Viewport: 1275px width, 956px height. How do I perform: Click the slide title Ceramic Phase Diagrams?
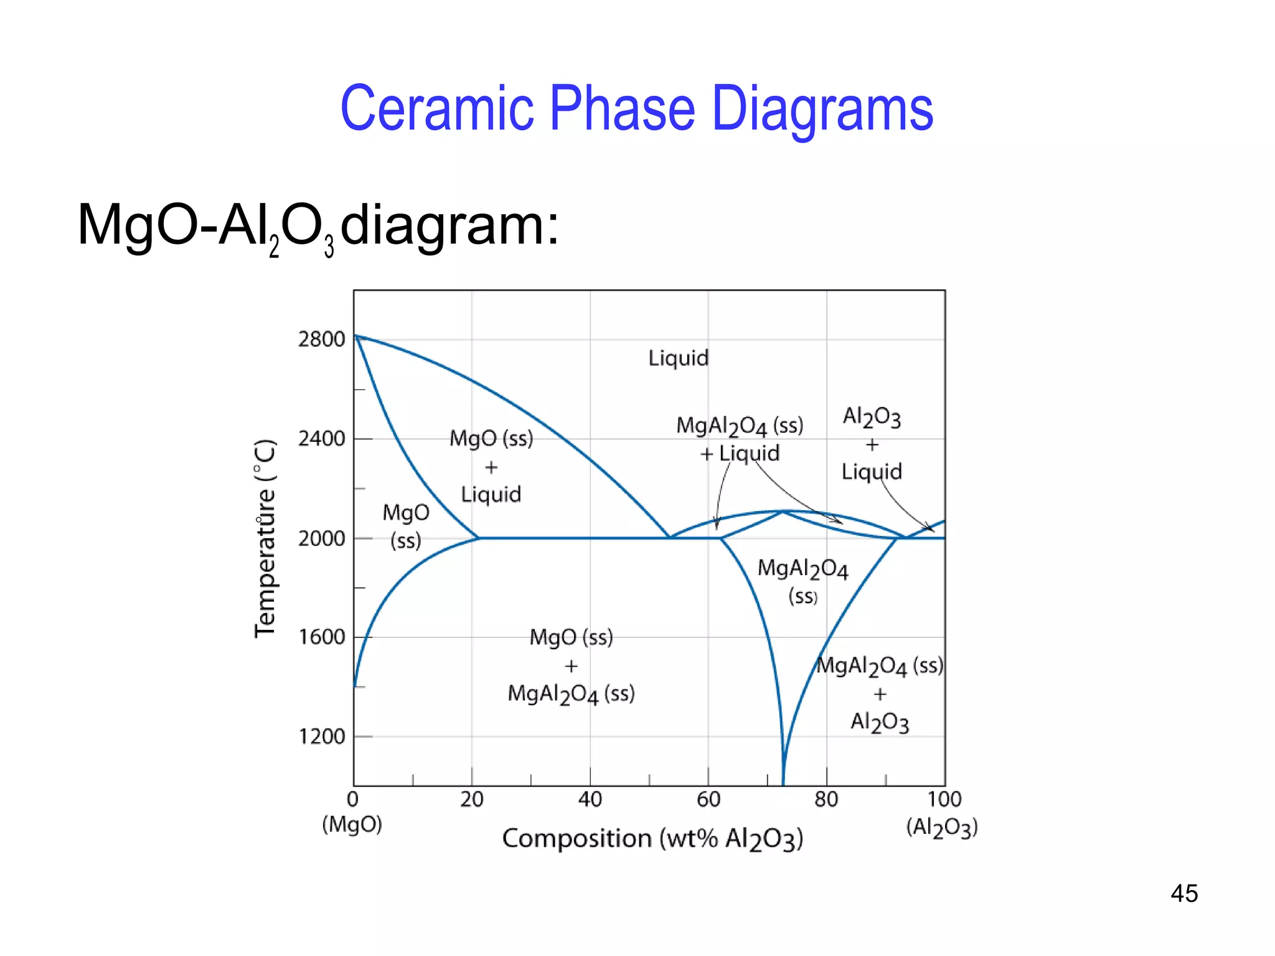click(x=636, y=109)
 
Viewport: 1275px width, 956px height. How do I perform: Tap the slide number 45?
click(x=1183, y=894)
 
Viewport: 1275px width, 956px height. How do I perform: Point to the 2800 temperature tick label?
click(x=321, y=340)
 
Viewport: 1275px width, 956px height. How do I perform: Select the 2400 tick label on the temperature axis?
click(x=321, y=439)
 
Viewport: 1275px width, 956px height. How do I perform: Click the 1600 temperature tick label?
click(x=321, y=637)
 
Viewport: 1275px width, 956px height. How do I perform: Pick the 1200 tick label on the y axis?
click(x=321, y=737)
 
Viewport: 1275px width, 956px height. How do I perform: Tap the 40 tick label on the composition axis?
click(x=590, y=799)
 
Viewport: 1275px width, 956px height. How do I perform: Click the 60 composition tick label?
click(x=708, y=799)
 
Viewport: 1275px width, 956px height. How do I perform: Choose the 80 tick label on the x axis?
click(x=826, y=799)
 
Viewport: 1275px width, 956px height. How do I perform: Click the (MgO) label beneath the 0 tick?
click(x=352, y=825)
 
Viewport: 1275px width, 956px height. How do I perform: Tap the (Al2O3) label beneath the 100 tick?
click(x=942, y=827)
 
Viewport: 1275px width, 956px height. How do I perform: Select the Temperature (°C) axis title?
click(x=265, y=539)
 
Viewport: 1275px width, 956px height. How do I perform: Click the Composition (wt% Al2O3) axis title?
click(x=652, y=839)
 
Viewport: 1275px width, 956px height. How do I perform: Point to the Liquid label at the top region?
click(x=678, y=358)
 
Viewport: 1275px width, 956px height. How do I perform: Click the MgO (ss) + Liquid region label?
click(x=491, y=466)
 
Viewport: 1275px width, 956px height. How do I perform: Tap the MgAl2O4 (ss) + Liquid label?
click(x=740, y=439)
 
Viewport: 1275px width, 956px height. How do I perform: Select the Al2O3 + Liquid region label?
click(x=872, y=444)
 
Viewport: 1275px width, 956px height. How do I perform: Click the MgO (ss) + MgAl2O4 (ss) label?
click(x=571, y=666)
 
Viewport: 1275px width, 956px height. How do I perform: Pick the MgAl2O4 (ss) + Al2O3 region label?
click(x=880, y=694)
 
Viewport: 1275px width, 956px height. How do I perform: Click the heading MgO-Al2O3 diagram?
click(x=318, y=225)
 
